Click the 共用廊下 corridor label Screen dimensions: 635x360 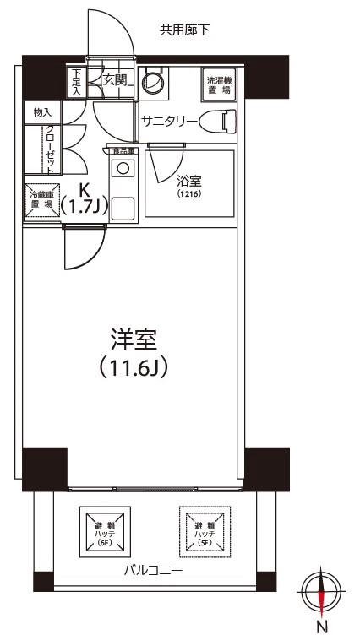tap(185, 30)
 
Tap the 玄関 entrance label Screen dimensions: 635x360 tap(115, 80)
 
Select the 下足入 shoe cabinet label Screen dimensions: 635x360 tap(77, 83)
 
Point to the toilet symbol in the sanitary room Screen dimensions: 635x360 tap(224, 122)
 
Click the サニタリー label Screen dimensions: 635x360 tap(170, 122)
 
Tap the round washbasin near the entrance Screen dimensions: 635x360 tap(152, 83)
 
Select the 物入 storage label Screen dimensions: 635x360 tap(42, 111)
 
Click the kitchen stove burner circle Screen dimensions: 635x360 tap(123, 168)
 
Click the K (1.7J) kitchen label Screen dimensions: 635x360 tap(85, 200)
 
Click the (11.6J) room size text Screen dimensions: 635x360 tap(135, 368)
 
